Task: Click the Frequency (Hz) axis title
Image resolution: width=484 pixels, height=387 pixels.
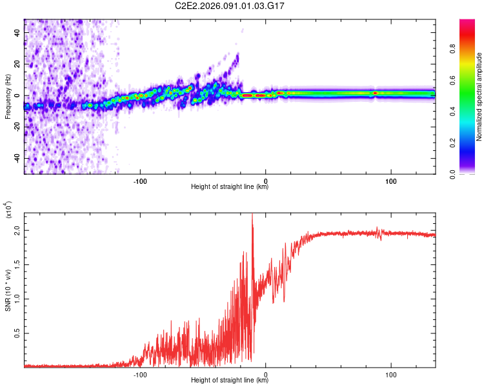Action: [x=7, y=97]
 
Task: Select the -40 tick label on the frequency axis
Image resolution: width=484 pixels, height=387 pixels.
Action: [x=15, y=158]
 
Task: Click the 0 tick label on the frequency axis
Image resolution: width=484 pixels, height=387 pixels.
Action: [x=19, y=95]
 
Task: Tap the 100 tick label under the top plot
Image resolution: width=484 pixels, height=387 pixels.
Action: [x=391, y=181]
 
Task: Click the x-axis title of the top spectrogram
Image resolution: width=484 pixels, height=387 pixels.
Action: [x=230, y=187]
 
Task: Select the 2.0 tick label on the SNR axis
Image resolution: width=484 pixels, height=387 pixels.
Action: [x=17, y=230]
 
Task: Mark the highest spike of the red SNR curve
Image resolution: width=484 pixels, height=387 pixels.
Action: [x=252, y=215]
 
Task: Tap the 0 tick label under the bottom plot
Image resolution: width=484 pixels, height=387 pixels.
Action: [x=265, y=375]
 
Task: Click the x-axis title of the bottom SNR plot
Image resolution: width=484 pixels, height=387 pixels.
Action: [x=230, y=381]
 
